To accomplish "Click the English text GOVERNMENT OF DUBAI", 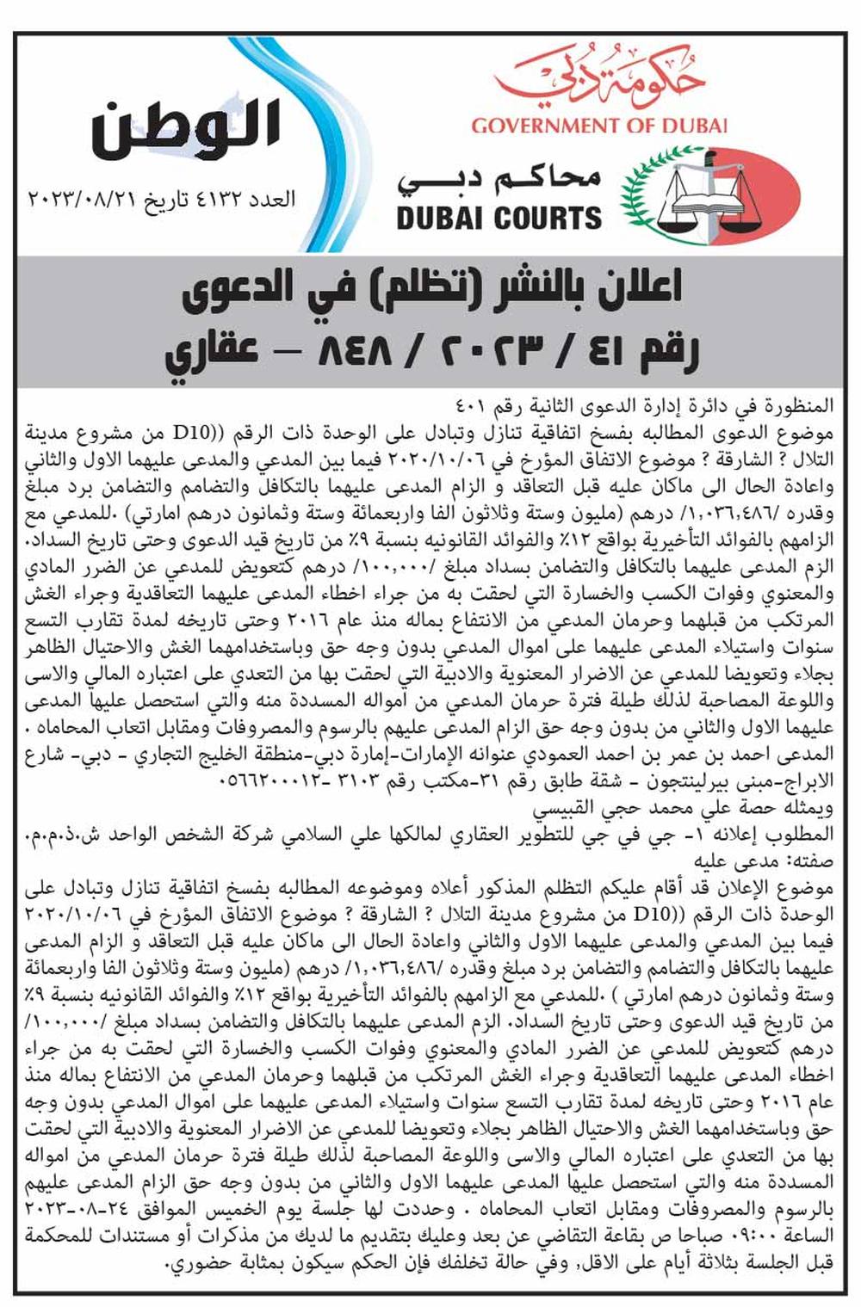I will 599,125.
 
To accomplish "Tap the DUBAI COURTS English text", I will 499,218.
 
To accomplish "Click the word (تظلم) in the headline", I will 429,293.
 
